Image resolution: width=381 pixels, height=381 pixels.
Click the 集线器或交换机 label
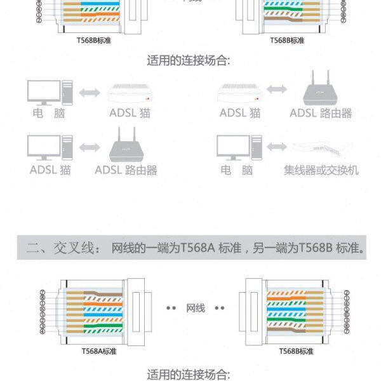coord(321,170)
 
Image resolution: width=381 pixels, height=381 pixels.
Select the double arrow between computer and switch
coord(276,147)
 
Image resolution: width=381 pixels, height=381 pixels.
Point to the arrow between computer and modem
coord(90,93)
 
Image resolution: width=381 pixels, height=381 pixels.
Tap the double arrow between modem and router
coord(279,93)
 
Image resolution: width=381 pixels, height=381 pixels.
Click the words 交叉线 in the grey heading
coord(77,248)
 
